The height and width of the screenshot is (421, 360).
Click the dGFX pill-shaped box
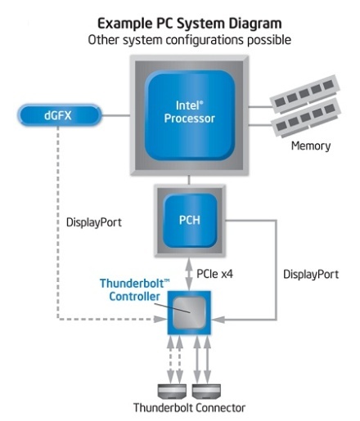[x=60, y=115]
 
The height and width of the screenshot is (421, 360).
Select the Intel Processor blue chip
[x=190, y=115]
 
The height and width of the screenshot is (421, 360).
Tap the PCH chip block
[x=190, y=220]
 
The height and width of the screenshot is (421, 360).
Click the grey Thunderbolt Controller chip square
[x=189, y=312]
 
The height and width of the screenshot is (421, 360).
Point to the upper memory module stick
[x=304, y=94]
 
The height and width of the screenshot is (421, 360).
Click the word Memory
[x=311, y=146]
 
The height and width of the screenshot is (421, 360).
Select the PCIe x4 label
[x=215, y=274]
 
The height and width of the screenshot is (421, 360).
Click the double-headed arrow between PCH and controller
[x=189, y=274]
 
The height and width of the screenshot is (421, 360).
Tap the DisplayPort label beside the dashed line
[x=94, y=222]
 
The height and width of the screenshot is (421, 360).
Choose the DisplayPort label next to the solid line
[x=311, y=274]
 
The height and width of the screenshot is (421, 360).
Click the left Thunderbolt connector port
[x=172, y=391]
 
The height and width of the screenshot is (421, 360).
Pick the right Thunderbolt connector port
[x=206, y=391]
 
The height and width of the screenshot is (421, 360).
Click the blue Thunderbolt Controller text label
[x=134, y=289]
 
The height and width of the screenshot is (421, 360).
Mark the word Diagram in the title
[x=255, y=24]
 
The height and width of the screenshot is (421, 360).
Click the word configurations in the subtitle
[x=205, y=40]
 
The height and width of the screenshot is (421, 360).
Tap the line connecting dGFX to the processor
[x=116, y=115]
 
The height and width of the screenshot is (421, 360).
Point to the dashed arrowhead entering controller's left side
[x=160, y=319]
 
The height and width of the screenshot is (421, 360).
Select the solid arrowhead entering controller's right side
[x=218, y=320]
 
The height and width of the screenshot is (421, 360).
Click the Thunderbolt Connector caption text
[x=189, y=408]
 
